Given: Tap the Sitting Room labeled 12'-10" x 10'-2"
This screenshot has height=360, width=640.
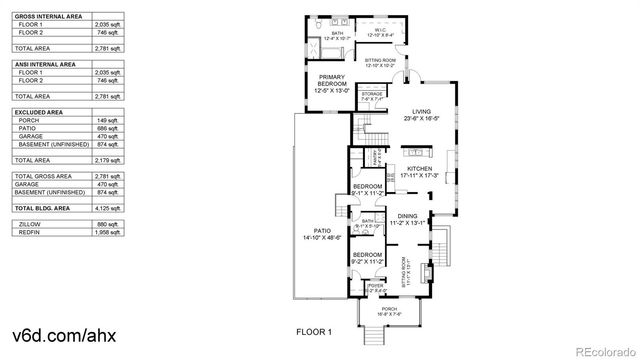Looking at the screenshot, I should point(381,61).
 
